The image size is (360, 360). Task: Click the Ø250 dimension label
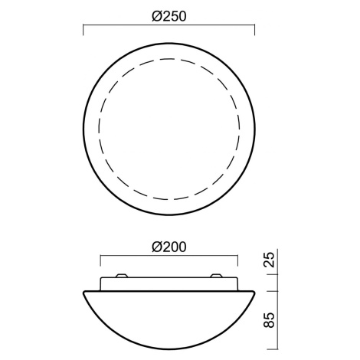tap(169, 16)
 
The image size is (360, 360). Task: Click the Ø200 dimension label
tap(169, 247)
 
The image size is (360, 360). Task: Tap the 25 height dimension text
tap(270, 260)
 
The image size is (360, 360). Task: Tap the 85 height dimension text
tap(270, 320)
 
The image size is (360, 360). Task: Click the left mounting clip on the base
tap(122, 276)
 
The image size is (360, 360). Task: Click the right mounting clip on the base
tap(217, 276)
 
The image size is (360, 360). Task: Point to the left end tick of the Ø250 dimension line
tap(83, 30)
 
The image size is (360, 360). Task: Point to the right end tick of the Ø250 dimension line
tap(254, 30)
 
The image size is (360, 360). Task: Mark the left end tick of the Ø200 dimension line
tap(100, 260)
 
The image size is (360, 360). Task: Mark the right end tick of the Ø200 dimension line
tap(237, 260)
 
